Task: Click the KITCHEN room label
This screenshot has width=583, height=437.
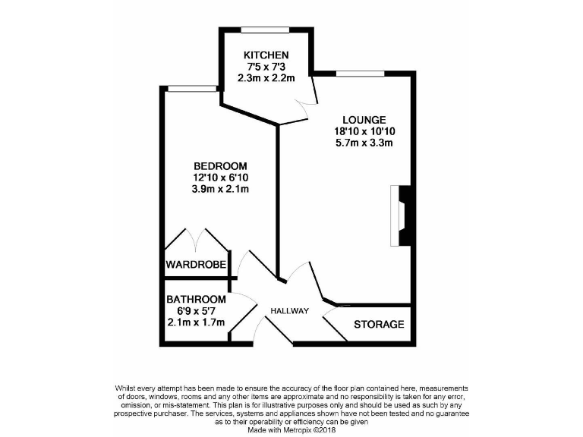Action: pos(265,55)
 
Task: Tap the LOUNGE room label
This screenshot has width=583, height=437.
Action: pos(364,120)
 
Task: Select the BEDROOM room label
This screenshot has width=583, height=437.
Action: pos(220,166)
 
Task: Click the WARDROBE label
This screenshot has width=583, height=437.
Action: pos(196,265)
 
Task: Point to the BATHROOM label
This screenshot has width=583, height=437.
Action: pos(196,299)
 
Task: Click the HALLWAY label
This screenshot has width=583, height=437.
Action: pos(290,311)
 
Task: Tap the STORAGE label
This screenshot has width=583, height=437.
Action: pos(379,325)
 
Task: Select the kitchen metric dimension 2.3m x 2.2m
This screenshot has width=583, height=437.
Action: pos(265,77)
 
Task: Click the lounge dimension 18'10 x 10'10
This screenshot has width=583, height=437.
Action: pos(364,131)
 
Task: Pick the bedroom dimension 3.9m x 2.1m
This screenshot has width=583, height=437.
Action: pos(220,189)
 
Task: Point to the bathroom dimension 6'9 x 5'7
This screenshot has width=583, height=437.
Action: pos(196,310)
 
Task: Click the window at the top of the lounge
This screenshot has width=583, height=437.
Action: pos(354,74)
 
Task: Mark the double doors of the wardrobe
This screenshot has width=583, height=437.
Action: pos(196,241)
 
